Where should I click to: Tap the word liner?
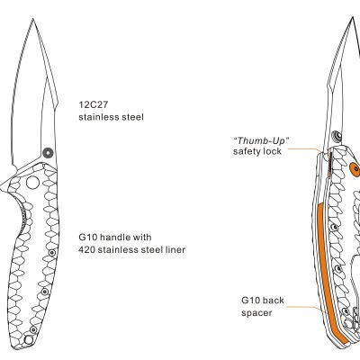click(175, 249)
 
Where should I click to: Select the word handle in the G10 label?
click(115, 237)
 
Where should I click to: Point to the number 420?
click(85, 249)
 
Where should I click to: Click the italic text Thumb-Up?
click(261, 140)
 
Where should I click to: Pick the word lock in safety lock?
click(273, 151)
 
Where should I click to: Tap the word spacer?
click(256, 313)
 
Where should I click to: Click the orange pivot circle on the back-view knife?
click(355, 168)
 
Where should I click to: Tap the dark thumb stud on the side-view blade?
click(48, 152)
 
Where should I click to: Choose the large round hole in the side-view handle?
click(32, 183)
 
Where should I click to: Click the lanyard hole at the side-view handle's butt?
click(28, 340)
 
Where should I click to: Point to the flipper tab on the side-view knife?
click(5, 185)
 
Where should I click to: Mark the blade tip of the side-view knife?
click(32, 19)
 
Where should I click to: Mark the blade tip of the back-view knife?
click(353, 18)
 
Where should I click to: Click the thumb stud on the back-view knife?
click(338, 136)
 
